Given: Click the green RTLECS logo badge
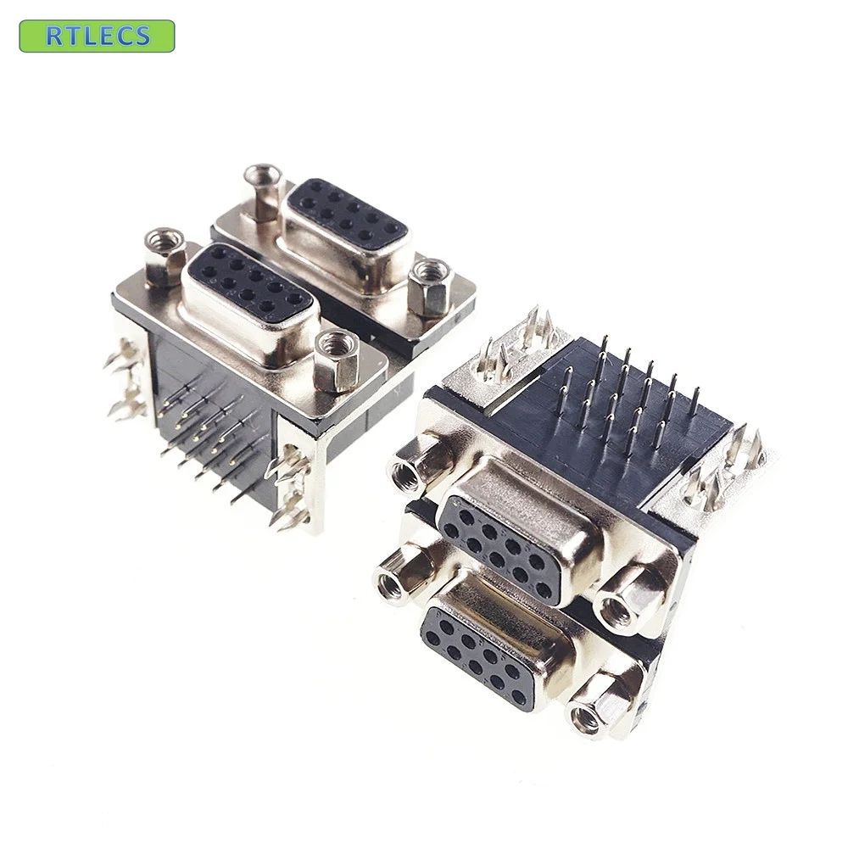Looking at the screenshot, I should click(x=97, y=36).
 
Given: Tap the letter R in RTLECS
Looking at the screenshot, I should click(x=53, y=36).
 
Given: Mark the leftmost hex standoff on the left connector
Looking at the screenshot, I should click(x=165, y=257).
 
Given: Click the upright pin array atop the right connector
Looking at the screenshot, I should click(x=628, y=390).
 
